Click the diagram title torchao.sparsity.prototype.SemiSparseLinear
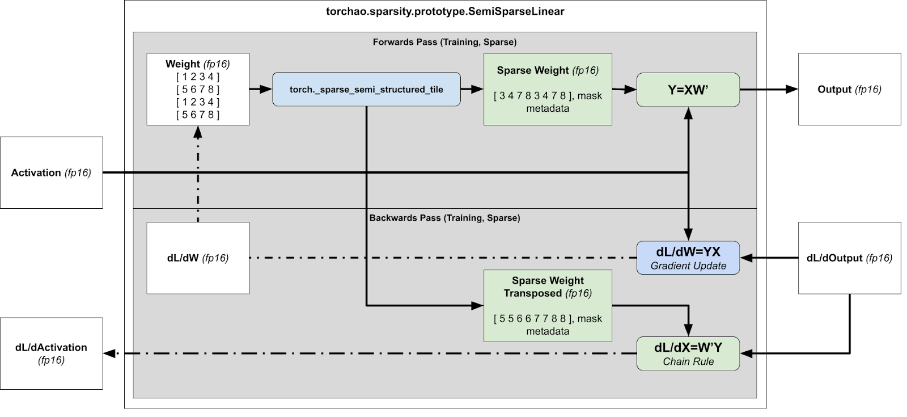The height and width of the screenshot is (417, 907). (445, 11)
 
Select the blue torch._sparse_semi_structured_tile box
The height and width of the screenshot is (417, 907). (366, 89)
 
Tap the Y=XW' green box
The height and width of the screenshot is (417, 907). (688, 89)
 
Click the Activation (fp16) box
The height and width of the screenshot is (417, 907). (51, 172)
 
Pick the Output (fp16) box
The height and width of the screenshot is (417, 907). (849, 89)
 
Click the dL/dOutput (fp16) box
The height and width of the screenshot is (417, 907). (849, 258)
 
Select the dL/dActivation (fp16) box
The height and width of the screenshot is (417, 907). (51, 353)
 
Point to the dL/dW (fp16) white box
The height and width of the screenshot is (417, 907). (198, 258)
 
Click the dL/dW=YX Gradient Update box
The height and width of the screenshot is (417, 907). (688, 258)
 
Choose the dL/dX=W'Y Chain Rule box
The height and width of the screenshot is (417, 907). (688, 353)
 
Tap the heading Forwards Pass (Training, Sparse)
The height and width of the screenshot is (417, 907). (444, 42)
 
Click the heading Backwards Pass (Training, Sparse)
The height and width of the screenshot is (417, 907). (444, 218)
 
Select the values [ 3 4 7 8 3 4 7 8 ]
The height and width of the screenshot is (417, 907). (532, 96)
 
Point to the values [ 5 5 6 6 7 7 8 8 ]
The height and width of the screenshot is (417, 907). (532, 319)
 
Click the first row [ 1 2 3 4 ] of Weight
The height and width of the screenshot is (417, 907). (198, 77)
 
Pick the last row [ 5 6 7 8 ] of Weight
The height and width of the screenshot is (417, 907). (198, 115)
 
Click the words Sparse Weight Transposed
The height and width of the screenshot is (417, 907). (548, 287)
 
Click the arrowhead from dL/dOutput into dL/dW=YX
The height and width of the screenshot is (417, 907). (746, 258)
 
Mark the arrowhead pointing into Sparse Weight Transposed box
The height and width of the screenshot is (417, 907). (478, 306)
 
